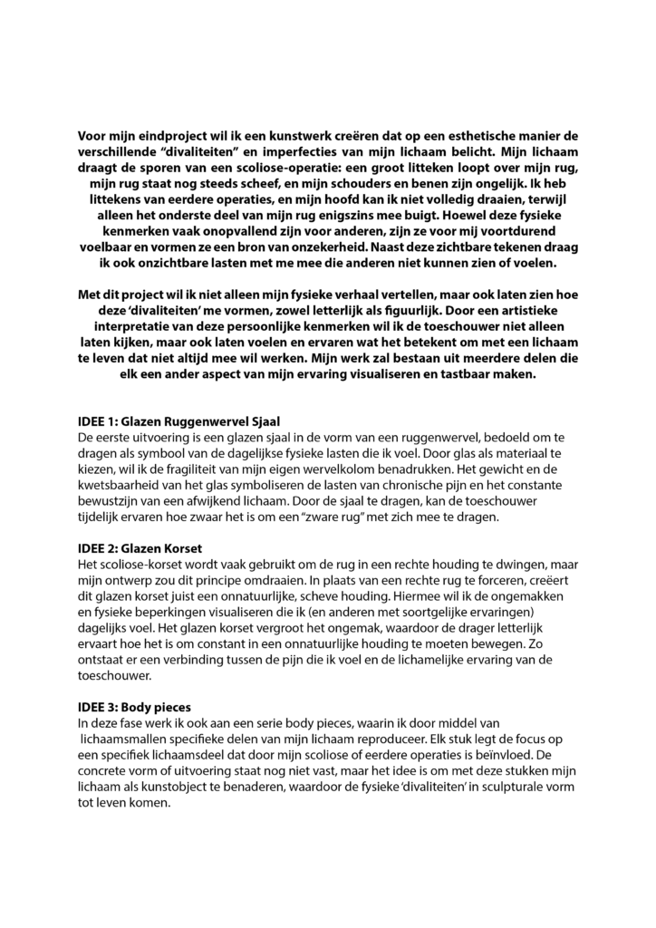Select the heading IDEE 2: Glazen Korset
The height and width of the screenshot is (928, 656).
(x=140, y=549)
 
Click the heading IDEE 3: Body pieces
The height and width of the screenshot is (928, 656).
(x=136, y=706)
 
